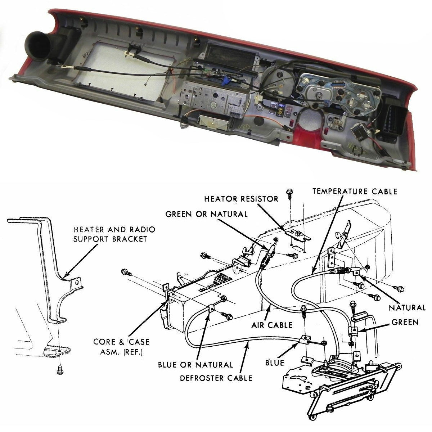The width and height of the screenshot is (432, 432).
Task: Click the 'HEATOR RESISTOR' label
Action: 241,199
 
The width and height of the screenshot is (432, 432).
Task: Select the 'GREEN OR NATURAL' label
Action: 206,214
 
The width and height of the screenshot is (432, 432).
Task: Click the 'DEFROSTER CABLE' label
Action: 216,378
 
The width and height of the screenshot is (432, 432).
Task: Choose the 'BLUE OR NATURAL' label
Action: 195,365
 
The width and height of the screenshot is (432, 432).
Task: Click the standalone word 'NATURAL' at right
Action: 407,308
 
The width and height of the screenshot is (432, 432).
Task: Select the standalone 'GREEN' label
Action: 405,323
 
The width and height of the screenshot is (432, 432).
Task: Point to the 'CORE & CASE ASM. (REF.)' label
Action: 121,347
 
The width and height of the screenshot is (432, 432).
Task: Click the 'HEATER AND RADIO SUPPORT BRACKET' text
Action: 114,234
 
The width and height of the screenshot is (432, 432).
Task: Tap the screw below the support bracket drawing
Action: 59,369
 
